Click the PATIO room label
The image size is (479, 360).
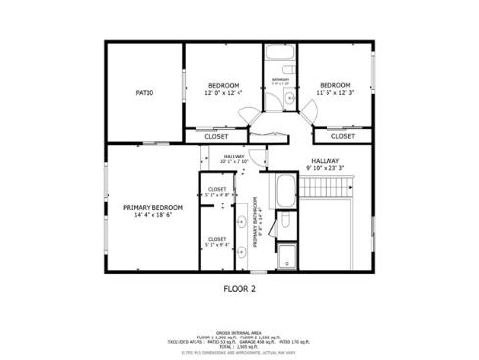(143, 93)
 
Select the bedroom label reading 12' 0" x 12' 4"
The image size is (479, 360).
(222, 88)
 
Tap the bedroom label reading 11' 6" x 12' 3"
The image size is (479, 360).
(335, 88)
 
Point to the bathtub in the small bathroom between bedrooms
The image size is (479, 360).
(280, 56)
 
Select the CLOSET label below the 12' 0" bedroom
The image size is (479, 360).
(216, 136)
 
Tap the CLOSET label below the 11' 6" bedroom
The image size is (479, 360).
(343, 136)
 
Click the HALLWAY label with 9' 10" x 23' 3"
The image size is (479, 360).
(326, 165)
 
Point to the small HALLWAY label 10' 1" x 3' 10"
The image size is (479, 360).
(234, 158)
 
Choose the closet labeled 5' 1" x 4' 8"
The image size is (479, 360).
(217, 192)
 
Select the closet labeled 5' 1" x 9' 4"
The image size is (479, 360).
(217, 241)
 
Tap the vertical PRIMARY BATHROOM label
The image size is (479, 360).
(258, 224)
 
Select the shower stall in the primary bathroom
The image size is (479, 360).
(286, 256)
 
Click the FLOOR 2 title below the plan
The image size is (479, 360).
(239, 290)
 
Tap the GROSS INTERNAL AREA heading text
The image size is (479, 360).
(239, 333)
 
